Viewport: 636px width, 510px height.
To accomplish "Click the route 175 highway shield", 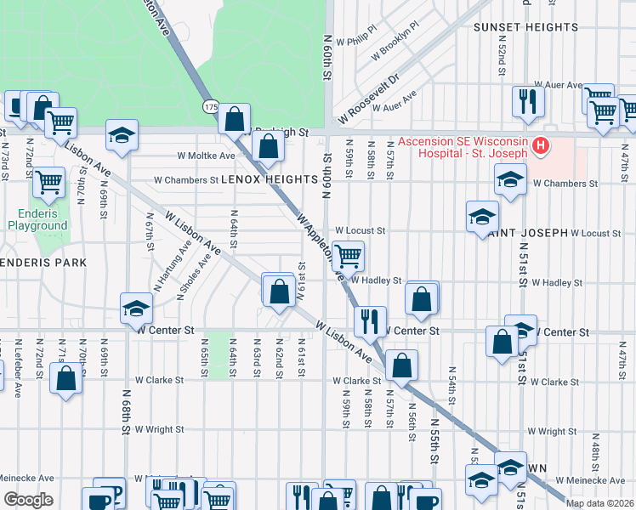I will [210, 107].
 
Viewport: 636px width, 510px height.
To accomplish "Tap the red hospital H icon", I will [539, 146].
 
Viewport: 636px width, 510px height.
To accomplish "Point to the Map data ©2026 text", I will [599, 503].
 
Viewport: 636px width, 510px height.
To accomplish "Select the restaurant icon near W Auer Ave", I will [528, 102].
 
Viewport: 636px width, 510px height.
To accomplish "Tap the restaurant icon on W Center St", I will [369, 321].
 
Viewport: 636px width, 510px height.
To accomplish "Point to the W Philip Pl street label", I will [355, 40].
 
